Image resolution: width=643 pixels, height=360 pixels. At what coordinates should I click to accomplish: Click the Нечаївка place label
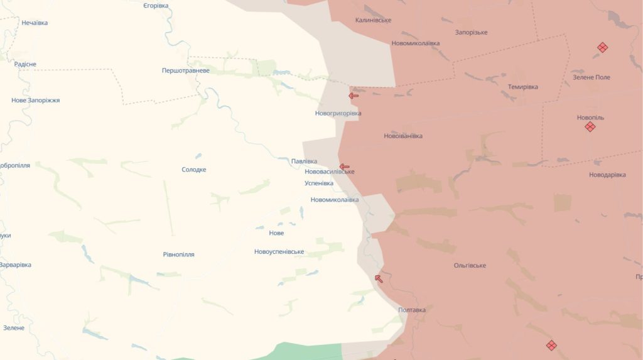35,23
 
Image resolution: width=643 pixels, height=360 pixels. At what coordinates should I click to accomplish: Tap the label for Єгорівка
156,6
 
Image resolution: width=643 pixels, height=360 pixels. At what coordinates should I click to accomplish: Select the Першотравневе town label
186,71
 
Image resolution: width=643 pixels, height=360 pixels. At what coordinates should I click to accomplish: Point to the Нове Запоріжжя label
36,101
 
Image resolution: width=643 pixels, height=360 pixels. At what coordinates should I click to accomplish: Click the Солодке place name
194,170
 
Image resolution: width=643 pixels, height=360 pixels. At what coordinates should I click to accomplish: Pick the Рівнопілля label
178,254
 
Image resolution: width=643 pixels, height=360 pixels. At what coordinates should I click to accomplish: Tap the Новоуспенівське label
279,252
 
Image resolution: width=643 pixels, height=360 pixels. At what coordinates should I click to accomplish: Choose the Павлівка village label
305,161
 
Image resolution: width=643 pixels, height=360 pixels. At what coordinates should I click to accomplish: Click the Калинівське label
373,20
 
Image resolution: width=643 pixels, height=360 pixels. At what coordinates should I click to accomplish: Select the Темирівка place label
522,87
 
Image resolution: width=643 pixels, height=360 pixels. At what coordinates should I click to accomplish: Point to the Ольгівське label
470,266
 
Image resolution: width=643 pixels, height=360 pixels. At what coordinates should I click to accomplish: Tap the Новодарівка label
607,175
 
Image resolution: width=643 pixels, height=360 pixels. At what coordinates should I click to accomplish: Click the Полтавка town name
412,310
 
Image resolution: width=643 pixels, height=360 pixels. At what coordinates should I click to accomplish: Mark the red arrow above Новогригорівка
354,96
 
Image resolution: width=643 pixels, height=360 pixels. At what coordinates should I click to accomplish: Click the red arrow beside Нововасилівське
344,167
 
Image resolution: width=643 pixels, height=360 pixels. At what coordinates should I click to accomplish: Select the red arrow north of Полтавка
378,278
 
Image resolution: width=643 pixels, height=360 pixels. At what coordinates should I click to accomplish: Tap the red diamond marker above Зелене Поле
602,47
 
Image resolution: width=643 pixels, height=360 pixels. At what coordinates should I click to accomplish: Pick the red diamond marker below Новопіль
590,127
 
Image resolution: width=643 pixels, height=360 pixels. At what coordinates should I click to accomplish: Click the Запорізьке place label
472,33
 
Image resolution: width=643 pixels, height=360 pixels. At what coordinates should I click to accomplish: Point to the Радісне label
25,65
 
